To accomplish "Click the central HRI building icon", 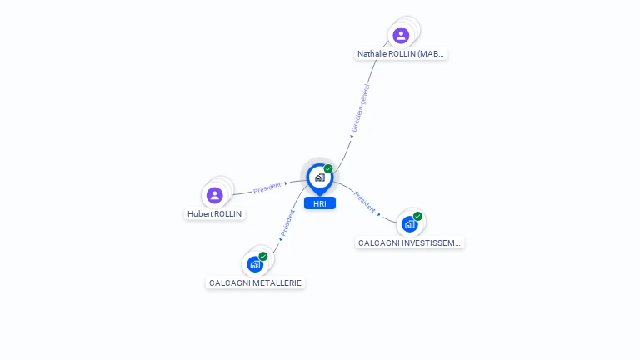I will (319, 177).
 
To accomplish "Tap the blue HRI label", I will (320, 203).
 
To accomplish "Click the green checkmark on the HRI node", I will (328, 169).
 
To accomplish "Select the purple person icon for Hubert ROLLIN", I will (215, 196).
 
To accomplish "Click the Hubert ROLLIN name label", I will (215, 214).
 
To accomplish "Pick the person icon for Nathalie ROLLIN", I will (401, 35).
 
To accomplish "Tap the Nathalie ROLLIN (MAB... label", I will (402, 54).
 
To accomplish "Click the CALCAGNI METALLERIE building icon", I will (255, 264).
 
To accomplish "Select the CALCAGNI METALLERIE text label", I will (255, 283).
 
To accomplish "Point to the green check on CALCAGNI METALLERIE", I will (263, 257).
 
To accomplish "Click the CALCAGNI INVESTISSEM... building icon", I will (409, 224).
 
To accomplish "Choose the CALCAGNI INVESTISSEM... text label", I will (409, 243).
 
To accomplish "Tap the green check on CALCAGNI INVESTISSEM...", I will (417, 217).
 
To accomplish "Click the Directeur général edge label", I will (360, 107).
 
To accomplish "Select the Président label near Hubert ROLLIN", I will (267, 187).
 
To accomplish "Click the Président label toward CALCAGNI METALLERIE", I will (287, 222).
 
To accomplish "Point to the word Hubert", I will (200, 214).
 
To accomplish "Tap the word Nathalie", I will (374, 54).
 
